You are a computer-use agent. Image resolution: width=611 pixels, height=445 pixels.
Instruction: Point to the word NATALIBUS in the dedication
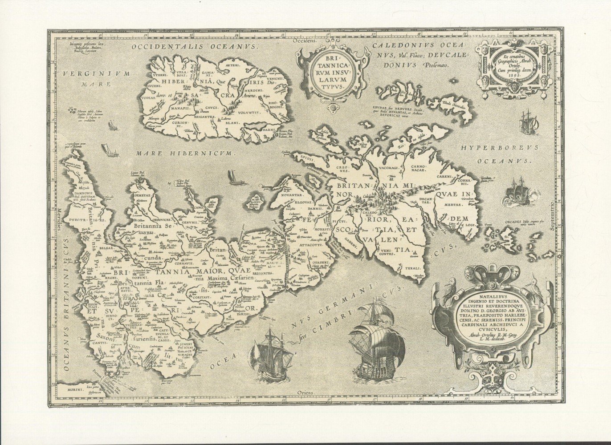pos(464,300)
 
